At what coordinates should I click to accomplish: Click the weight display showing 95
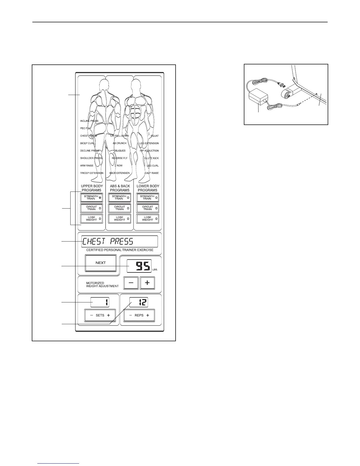(139, 266)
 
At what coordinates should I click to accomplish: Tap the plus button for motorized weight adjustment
(147, 283)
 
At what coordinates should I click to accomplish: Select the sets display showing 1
(100, 302)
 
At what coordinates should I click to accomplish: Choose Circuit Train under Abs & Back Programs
(120, 208)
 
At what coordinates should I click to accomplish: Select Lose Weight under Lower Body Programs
(148, 219)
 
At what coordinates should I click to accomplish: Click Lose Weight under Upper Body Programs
(92, 219)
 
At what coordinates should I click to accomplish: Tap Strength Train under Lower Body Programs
(148, 198)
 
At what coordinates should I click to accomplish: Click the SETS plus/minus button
(100, 315)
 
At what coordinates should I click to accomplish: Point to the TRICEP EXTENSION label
(92, 173)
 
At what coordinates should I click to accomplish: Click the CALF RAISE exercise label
(151, 173)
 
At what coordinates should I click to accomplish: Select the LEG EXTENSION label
(149, 143)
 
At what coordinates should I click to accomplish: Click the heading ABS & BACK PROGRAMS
(120, 188)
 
